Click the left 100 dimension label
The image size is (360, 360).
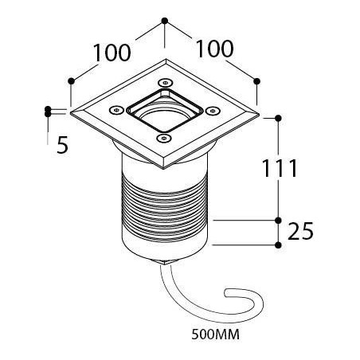(112, 53)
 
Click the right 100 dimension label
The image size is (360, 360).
(214, 49)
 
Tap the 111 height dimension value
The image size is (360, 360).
(280, 168)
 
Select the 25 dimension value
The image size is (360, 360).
(300, 231)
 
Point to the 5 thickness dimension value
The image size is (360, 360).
(63, 145)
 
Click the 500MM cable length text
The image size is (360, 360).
(215, 335)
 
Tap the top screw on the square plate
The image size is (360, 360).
(165, 83)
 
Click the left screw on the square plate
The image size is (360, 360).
(116, 110)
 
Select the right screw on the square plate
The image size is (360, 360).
(213, 111)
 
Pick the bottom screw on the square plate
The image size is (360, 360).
(164, 138)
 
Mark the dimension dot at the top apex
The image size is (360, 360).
(165, 21)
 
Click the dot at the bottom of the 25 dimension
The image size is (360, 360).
(278, 245)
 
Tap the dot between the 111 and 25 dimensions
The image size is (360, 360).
(278, 220)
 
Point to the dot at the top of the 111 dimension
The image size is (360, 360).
(278, 118)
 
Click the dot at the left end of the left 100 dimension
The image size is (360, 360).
(71, 81)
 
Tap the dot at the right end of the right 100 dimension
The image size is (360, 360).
(256, 81)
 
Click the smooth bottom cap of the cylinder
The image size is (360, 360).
(165, 249)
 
